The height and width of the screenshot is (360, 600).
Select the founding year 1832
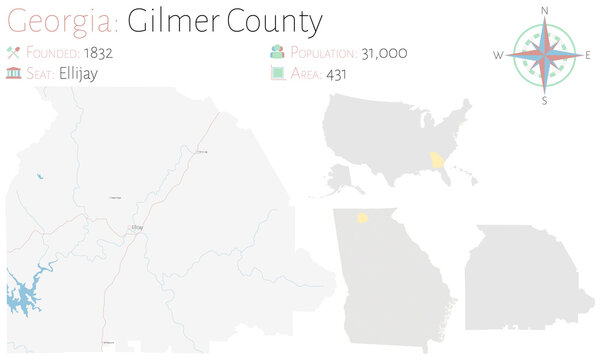98,52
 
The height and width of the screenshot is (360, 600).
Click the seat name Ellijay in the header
78,73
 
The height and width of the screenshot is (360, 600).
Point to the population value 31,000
384,52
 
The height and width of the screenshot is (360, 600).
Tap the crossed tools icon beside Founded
14,52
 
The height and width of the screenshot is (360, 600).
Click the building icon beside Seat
14,73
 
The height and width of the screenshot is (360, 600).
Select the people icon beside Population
277,52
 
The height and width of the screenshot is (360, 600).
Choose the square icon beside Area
277,73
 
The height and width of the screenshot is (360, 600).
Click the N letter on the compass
545,10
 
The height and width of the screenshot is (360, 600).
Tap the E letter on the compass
588,56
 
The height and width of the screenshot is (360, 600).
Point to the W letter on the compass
498,56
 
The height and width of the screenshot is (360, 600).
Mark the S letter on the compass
545,100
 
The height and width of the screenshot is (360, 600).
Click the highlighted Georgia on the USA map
438,161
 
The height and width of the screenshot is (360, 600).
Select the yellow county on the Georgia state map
363,216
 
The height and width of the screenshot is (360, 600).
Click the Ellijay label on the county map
137,228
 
